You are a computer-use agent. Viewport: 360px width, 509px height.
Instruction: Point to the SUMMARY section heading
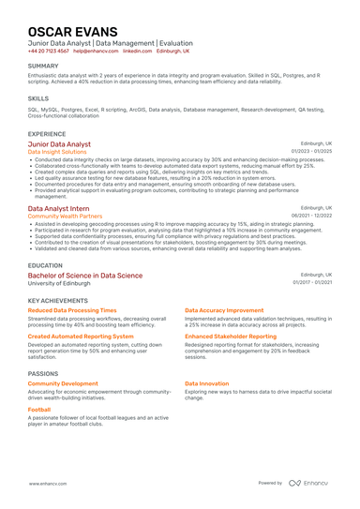pyautogui.click(x=43, y=67)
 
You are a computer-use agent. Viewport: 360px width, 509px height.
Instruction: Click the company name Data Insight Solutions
pyautogui.click(x=57, y=152)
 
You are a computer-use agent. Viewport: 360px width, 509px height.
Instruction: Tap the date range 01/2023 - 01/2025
pyautogui.click(x=311, y=151)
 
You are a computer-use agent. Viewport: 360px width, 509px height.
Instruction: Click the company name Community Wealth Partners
pyautogui.click(x=66, y=216)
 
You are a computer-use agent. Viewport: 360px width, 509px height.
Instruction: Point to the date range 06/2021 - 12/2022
pyautogui.click(x=311, y=216)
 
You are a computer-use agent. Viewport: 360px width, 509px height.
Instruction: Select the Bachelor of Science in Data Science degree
pyautogui.click(x=85, y=276)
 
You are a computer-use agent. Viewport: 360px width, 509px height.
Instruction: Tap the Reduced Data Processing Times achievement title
pyautogui.click(x=72, y=309)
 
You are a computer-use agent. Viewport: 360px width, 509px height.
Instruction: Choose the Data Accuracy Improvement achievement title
pyautogui.click(x=224, y=309)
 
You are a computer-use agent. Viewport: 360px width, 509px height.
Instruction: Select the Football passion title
pyautogui.click(x=39, y=410)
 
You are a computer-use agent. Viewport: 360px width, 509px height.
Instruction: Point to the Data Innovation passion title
pyautogui.click(x=206, y=383)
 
